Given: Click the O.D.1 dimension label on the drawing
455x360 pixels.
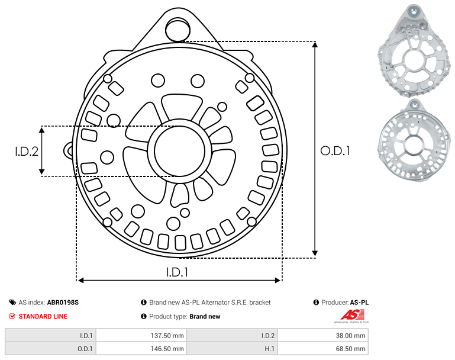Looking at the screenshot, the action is point(335,151).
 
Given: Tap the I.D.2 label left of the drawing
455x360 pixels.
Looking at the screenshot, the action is point(27,152).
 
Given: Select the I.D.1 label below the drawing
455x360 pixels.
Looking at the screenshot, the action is point(177,272).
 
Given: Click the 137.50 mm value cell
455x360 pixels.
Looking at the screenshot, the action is point(167,336).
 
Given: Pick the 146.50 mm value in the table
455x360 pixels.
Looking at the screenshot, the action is point(167,349).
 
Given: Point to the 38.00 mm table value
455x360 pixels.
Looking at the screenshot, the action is point(350,336).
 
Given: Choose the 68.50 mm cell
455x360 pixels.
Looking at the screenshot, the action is point(350,349).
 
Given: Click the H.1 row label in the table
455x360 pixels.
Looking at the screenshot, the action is point(270,349).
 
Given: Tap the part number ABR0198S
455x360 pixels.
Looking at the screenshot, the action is point(63,303).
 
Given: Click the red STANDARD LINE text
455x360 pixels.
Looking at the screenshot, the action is point(43,316).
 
